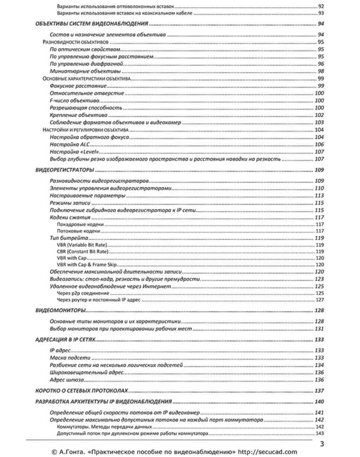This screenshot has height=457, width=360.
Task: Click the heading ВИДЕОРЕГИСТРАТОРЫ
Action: [x=64, y=170]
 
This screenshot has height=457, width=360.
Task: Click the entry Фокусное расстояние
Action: [x=78, y=86]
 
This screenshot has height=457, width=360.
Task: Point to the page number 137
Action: [x=319, y=391]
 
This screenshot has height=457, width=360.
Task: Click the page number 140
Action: [x=319, y=402]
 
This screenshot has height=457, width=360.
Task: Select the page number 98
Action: [x=321, y=72]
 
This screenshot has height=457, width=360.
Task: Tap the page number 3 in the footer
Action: [x=322, y=444]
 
